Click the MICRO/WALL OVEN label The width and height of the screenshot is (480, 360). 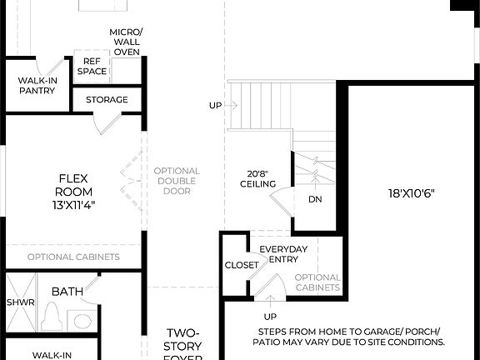pyautogui.click(x=126, y=42)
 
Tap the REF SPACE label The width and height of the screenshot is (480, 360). pyautogui.click(x=92, y=67)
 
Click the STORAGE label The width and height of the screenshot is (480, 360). pyautogui.click(x=107, y=100)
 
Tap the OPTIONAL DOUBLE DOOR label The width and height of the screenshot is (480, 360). pyautogui.click(x=177, y=181)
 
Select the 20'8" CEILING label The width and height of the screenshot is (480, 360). pyautogui.click(x=257, y=177)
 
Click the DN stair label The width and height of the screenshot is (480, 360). pyautogui.click(x=315, y=199)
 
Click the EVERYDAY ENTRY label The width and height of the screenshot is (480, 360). pyautogui.click(x=283, y=255)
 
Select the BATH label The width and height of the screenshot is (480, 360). pyautogui.click(x=67, y=292)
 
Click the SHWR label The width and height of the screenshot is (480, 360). pyautogui.click(x=21, y=302)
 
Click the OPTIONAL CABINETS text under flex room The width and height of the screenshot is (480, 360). pyautogui.click(x=73, y=257)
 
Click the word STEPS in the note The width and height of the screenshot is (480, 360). pyautogui.click(x=276, y=331)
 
